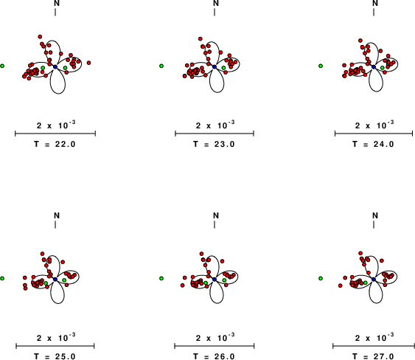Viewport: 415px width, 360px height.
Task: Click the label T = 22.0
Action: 55,144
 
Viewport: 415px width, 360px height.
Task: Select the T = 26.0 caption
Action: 214,356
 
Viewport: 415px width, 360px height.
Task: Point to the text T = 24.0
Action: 373,144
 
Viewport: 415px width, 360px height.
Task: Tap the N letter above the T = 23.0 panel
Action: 216,3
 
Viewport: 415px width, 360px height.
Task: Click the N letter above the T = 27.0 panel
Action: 375,215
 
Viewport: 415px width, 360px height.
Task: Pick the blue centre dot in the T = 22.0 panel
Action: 55,66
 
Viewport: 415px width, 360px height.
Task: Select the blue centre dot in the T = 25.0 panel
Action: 55,279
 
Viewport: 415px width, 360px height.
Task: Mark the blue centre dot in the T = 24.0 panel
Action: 374,66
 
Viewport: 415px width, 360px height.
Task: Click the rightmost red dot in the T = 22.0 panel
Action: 88,63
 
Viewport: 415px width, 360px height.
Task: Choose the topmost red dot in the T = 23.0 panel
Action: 200,39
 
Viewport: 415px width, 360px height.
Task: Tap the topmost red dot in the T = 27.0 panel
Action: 360,253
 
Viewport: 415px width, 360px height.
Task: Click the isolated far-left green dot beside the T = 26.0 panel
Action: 161,278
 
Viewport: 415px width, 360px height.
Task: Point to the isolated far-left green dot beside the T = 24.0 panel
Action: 321,66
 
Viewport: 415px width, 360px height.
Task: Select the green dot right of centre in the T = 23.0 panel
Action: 223,68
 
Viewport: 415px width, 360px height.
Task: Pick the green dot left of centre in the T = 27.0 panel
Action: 366,283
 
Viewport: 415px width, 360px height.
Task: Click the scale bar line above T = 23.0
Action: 215,134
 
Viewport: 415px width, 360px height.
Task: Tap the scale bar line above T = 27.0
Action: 374,346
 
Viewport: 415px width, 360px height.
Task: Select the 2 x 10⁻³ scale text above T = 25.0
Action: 56,338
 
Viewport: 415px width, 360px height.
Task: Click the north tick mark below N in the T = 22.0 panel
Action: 55,12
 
